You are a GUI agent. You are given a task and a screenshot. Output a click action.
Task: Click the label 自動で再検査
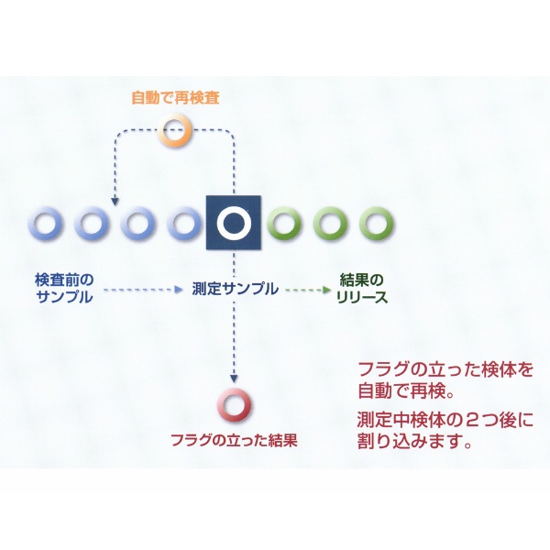coord(175,97)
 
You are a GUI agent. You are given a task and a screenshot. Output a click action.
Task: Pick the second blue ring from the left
coord(79,224)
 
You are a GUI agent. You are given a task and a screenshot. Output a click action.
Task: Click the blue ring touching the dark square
coord(171,224)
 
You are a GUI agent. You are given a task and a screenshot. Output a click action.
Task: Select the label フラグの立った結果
coord(234,440)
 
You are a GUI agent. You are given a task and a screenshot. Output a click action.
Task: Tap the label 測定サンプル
coord(235,289)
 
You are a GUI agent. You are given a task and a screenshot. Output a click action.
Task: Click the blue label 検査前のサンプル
coord(64,289)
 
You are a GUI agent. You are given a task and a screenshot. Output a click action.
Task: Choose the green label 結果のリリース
coord(362,289)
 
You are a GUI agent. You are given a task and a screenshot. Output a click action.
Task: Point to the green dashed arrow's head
coord(327,290)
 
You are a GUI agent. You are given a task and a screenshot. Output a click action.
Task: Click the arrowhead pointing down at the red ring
coord(234,379)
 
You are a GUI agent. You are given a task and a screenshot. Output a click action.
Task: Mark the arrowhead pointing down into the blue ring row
coord(115,202)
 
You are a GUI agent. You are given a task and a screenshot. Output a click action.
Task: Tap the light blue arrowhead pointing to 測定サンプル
coord(179,290)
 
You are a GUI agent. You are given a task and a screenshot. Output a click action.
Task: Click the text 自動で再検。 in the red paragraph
coord(406,390)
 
